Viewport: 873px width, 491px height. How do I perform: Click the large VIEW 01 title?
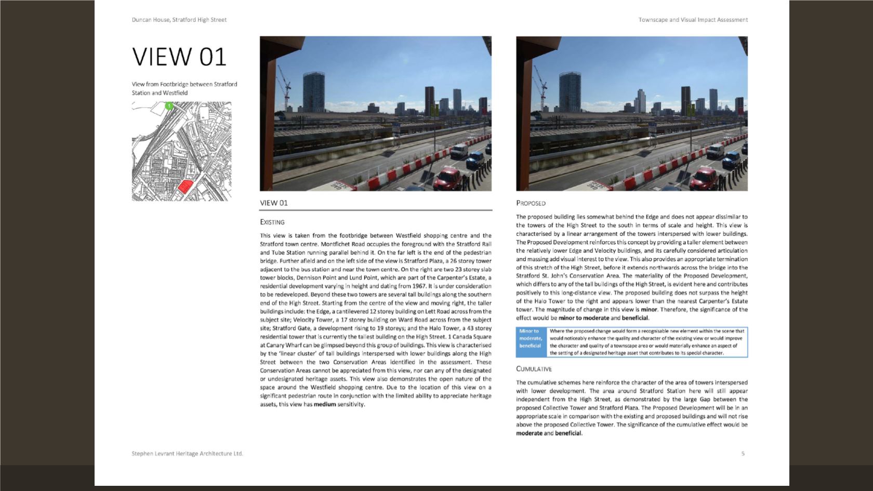[x=179, y=57]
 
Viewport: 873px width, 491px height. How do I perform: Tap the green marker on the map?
[x=169, y=106]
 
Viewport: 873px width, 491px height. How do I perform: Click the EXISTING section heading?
[x=272, y=222]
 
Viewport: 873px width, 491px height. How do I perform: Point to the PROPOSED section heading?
[x=531, y=203]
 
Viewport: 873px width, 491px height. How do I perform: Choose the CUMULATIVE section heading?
[x=534, y=369]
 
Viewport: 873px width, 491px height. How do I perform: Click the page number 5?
[x=743, y=454]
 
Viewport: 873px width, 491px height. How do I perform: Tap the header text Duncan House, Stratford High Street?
[x=179, y=20]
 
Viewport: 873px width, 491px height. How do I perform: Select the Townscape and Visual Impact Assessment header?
[x=693, y=20]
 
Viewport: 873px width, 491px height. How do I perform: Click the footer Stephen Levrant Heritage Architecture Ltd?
[x=187, y=454]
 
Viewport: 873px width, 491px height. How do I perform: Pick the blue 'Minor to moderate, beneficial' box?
[x=530, y=342]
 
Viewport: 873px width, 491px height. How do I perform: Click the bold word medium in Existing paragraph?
[x=325, y=404]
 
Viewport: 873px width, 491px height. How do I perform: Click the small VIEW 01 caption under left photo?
[x=274, y=203]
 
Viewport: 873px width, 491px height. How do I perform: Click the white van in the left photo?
[x=459, y=151]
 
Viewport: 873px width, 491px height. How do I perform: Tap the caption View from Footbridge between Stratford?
[x=184, y=84]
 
